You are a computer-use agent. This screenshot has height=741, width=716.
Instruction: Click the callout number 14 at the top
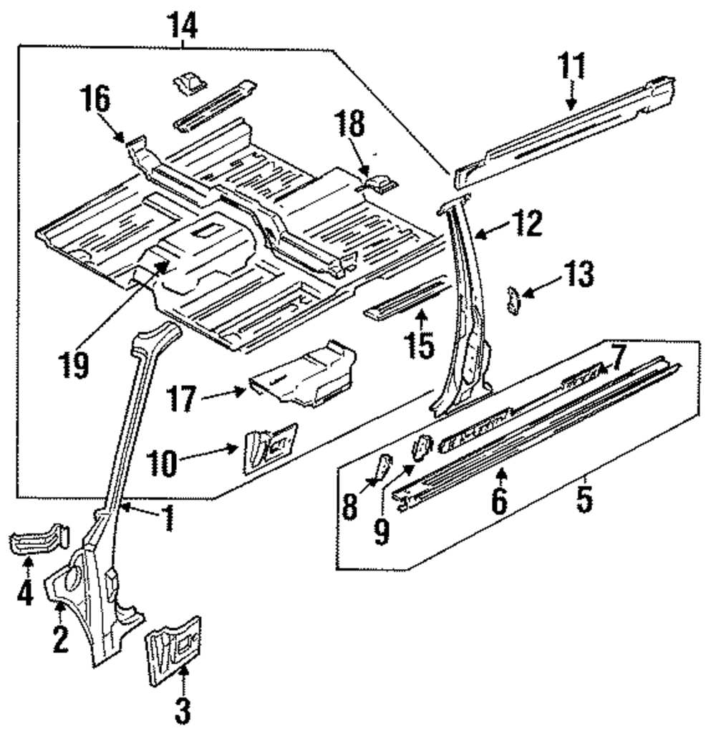[183, 26]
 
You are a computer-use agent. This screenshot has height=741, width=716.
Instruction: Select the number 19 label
[74, 365]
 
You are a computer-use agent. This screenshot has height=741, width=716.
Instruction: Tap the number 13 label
[579, 275]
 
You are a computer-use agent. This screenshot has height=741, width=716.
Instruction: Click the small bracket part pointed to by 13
[513, 300]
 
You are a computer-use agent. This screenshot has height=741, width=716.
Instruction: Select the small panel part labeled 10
[269, 447]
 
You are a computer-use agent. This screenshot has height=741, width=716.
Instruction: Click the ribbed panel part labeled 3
[173, 650]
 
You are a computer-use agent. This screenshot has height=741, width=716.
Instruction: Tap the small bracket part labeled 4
[39, 539]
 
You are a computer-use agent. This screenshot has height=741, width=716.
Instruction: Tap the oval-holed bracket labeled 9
[422, 447]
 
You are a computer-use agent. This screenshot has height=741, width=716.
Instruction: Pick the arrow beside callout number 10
[208, 452]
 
